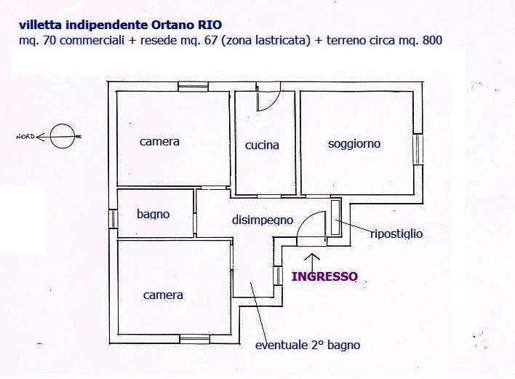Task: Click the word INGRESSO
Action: (324, 276)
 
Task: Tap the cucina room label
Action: (262, 145)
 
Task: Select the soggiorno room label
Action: (354, 144)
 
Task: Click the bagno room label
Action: (153, 215)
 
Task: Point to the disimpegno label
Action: (263, 220)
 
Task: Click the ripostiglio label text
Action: (396, 234)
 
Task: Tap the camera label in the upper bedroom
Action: (159, 142)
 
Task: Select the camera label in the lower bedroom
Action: (163, 295)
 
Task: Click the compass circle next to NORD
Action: (63, 136)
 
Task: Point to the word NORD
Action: (25, 136)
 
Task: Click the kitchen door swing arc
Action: (268, 97)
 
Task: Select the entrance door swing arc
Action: (311, 224)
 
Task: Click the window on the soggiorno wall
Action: (418, 149)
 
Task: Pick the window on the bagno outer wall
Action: (113, 219)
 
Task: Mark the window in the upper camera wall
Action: (193, 87)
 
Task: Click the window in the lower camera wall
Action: (195, 339)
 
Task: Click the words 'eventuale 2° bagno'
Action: (308, 345)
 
